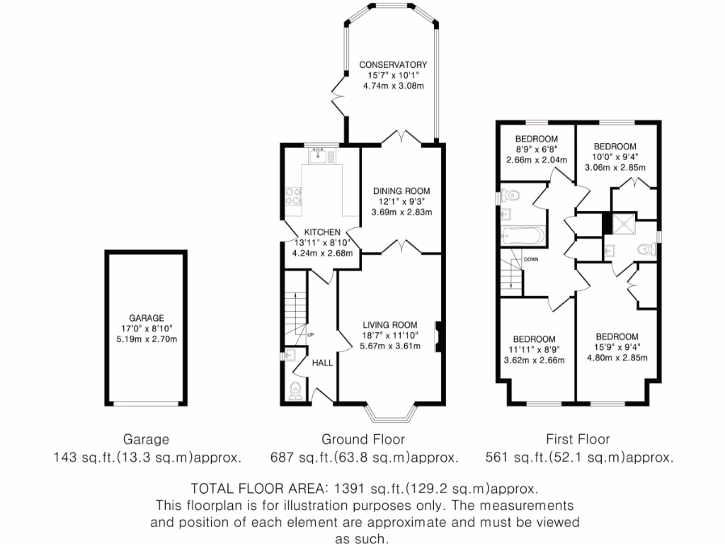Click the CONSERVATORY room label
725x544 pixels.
pyautogui.click(x=392, y=64)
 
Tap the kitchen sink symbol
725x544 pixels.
pyautogui.click(x=321, y=157)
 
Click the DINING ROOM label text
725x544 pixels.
pyautogui.click(x=402, y=191)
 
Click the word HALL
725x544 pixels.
pyautogui.click(x=323, y=363)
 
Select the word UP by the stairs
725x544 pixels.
pyautogui.click(x=310, y=334)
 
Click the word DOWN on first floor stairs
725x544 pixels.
pyautogui.click(x=531, y=260)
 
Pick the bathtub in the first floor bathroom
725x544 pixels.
pyautogui.click(x=523, y=235)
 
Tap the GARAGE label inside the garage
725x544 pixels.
pyautogui.click(x=147, y=318)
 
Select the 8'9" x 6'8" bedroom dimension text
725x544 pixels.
pyautogui.click(x=536, y=149)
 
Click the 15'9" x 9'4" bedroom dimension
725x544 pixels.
pyautogui.click(x=617, y=347)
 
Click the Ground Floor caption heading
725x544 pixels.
pyautogui.click(x=362, y=439)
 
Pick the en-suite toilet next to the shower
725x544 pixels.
pyautogui.click(x=645, y=249)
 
